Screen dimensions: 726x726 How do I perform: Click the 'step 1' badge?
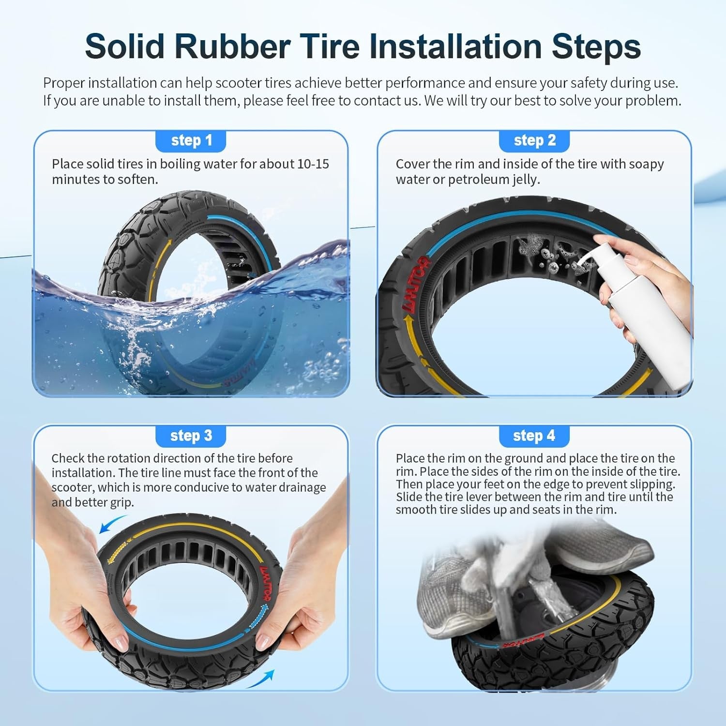(191, 141)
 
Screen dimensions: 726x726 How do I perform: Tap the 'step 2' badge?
(534, 141)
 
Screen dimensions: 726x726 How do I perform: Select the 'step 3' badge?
(191, 436)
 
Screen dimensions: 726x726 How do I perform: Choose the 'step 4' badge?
(534, 436)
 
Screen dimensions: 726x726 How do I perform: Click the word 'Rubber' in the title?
(232, 47)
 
